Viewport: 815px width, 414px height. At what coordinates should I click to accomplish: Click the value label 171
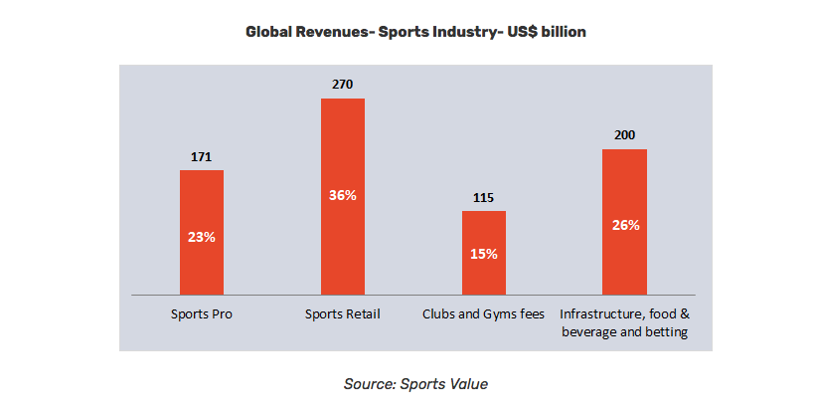point(202,156)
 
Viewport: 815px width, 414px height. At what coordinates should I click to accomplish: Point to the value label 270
point(342,85)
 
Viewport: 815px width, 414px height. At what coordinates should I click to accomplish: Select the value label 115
point(484,197)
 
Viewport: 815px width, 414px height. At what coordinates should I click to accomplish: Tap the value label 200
point(625,135)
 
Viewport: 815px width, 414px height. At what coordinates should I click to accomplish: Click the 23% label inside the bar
point(202,238)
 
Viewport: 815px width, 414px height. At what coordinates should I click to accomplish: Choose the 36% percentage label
point(342,195)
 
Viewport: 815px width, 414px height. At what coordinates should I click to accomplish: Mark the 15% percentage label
point(484,254)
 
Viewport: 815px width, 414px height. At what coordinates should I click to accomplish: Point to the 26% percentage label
point(625,225)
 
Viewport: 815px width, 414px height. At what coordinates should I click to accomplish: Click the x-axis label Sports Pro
point(202,314)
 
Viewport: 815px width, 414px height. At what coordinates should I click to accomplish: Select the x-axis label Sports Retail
point(342,314)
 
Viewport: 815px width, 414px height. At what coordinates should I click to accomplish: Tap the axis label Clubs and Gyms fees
point(484,314)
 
